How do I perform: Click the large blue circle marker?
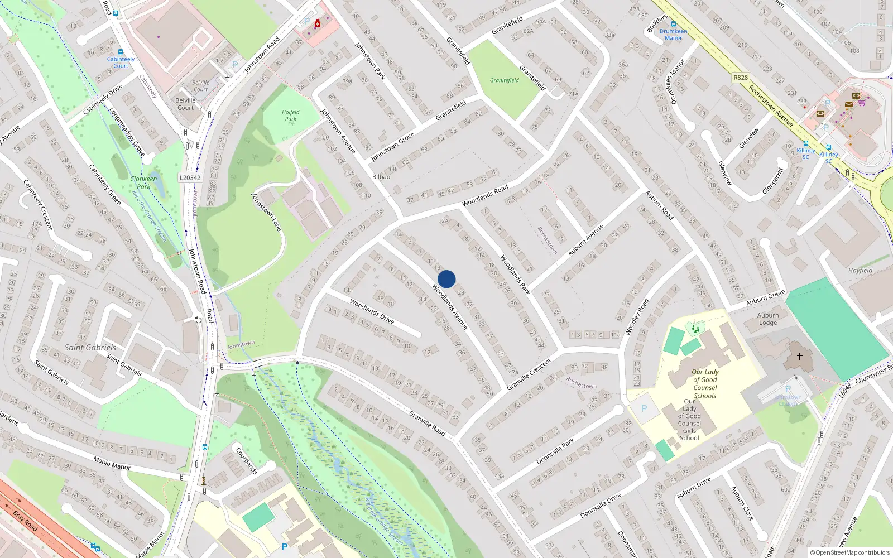coord(446,279)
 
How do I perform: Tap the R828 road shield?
coord(741,78)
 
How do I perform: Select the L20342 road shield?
coord(190,177)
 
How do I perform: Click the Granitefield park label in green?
coord(504,80)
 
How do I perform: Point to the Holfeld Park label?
coord(290,116)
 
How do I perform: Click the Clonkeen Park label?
coord(143,182)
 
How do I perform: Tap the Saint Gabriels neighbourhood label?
coord(90,347)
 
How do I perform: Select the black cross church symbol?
coord(799,356)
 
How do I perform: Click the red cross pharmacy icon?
coord(318,23)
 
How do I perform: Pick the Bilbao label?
coord(381,177)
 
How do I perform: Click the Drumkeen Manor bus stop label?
coord(673,35)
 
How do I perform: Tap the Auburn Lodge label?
coord(767,319)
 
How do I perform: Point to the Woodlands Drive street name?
coord(372,311)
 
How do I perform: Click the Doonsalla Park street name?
coord(555,451)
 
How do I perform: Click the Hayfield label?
coord(860,270)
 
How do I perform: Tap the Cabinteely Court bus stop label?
coord(121,62)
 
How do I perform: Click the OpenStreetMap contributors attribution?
coord(849,553)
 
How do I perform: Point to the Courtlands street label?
coord(246,460)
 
